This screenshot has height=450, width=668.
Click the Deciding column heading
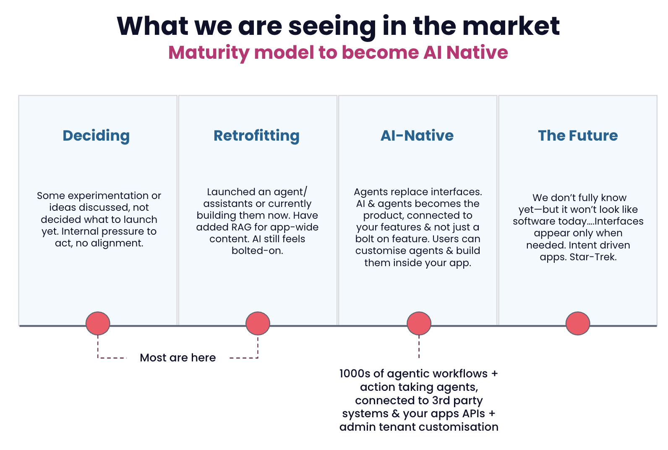tap(96, 136)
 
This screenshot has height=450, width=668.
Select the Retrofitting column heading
tap(256, 136)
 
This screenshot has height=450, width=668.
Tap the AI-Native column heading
tap(417, 136)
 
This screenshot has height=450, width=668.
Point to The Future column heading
tap(578, 136)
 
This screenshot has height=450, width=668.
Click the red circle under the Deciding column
tap(98, 323)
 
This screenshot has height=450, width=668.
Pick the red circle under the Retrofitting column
tap(258, 323)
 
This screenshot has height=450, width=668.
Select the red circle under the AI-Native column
tap(419, 323)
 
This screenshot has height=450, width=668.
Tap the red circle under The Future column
tap(578, 323)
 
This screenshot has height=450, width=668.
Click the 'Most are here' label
tap(178, 358)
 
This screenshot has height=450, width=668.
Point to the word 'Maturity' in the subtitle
tap(209, 53)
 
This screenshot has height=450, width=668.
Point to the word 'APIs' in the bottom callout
tap(474, 413)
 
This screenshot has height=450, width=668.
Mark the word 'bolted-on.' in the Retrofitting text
tap(257, 251)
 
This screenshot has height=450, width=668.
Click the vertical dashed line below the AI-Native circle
tap(419, 347)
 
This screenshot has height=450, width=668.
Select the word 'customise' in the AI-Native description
tap(376, 251)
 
